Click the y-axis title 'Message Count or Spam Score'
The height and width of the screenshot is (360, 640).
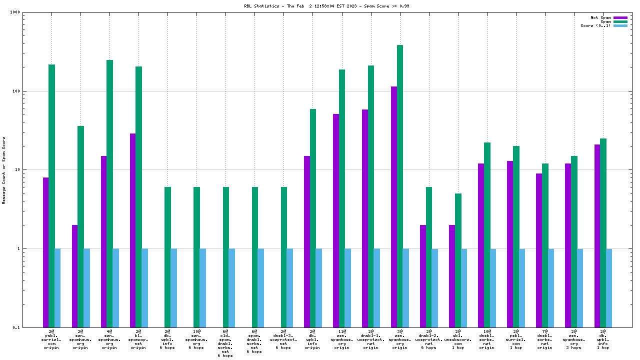click(x=4, y=170)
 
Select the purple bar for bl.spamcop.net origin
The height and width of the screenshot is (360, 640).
click(x=132, y=230)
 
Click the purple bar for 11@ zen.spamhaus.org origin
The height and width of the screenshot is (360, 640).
click(x=336, y=220)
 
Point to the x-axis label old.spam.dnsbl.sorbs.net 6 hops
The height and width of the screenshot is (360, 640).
click(x=225, y=343)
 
